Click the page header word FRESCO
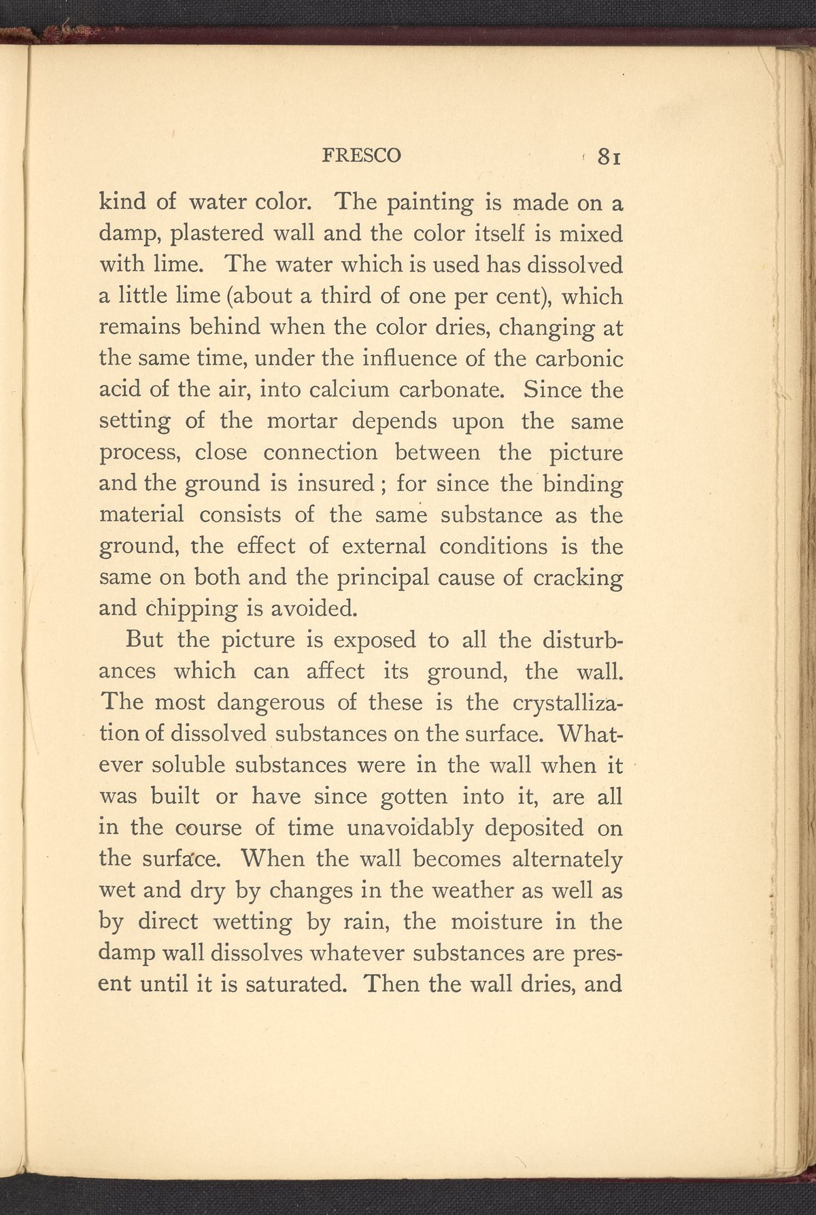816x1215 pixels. click(361, 156)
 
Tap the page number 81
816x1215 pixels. click(607, 156)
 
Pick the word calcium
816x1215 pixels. click(350, 390)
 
